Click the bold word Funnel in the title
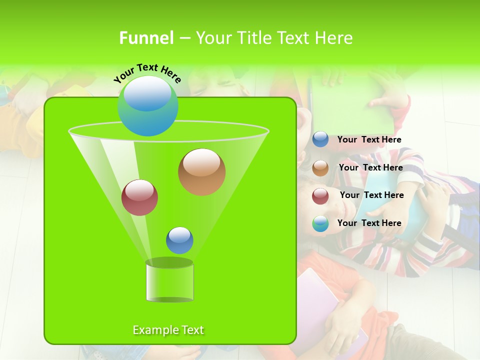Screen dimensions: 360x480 146,38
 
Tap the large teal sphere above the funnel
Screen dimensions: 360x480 147,106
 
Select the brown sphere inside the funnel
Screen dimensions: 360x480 201,172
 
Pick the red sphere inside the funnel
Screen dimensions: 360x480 140,197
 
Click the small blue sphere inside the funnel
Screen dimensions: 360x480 179,240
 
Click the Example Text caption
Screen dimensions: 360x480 168,330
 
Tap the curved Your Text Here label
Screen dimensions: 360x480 147,73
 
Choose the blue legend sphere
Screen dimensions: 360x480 320,139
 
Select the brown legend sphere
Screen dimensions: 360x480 320,168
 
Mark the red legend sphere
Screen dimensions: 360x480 320,196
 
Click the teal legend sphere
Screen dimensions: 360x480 320,223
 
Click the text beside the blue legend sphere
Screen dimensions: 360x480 369,140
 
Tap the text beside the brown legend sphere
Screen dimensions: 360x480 370,168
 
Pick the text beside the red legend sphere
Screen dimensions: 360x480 371,195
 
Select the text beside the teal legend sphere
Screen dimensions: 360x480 369,223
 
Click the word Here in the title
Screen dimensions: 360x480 334,38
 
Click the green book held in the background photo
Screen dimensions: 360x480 345,107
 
